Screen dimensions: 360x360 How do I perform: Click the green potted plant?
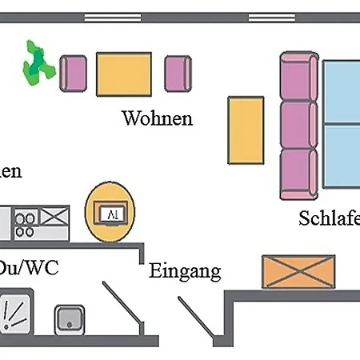pos(34,65)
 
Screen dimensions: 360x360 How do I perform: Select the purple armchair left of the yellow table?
pos(74,74)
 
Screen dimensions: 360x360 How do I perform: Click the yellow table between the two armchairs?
pos(125,74)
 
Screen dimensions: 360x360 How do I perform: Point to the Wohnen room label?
pos(157,119)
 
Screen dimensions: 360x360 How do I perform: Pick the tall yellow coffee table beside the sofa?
pos(245,130)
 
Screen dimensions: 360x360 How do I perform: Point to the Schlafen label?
pos(329,218)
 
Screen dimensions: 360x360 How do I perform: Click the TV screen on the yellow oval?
pos(110,213)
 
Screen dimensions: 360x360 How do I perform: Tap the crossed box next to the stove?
pos(54,216)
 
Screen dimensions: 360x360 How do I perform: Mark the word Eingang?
pos(185,271)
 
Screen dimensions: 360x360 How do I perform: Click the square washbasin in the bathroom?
pos(70,320)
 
